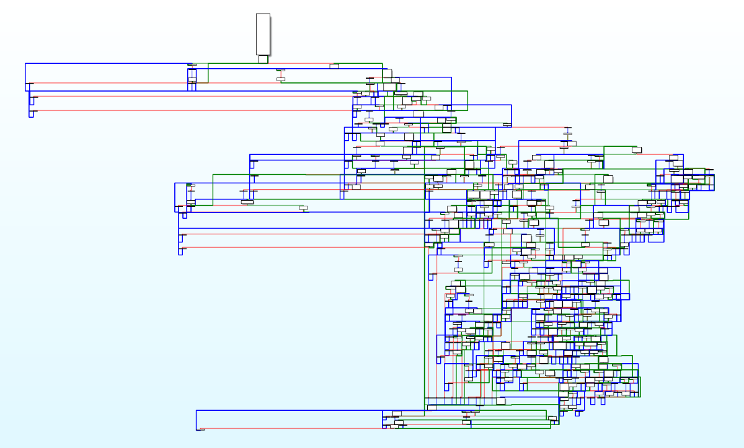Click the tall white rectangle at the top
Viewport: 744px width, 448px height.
click(263, 34)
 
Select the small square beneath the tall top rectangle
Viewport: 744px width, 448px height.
click(263, 59)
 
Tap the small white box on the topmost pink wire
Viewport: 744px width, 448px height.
click(335, 65)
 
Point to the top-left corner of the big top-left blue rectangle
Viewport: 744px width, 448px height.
click(25, 63)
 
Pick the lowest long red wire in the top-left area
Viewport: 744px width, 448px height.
click(186, 110)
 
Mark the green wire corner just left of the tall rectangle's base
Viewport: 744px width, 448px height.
click(208, 63)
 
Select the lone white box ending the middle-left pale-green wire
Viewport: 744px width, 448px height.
click(304, 208)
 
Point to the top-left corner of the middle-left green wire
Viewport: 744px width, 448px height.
click(213, 174)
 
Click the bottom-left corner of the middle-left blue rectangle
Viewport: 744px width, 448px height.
click(175, 212)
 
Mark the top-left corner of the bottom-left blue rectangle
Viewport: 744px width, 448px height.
click(197, 410)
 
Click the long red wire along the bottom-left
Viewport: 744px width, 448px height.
click(291, 428)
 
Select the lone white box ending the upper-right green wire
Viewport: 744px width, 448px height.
click(637, 149)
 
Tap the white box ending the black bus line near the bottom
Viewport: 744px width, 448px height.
click(500, 400)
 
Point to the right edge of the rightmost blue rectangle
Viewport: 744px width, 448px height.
click(714, 183)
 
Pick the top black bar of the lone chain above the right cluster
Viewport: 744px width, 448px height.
click(567, 127)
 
